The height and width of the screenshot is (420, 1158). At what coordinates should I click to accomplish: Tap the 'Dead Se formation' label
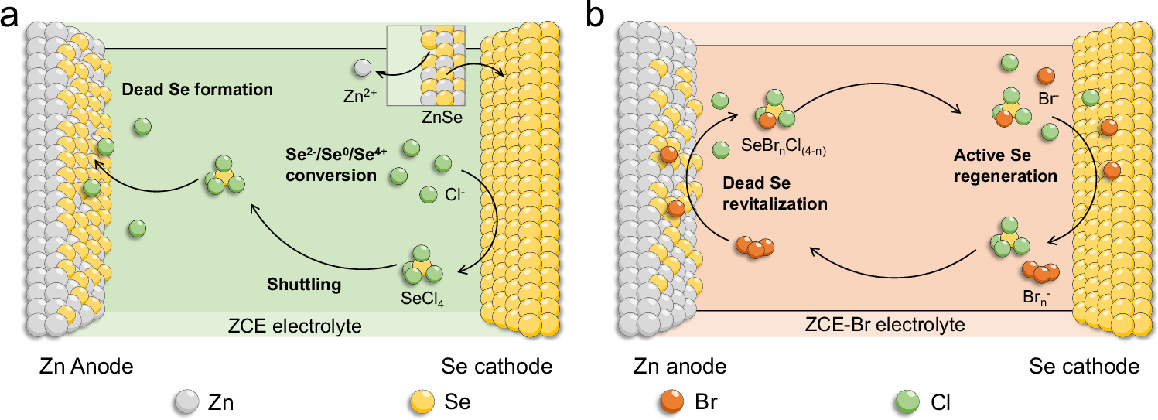pyautogui.click(x=197, y=90)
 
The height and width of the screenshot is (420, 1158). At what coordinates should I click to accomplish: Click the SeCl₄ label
pyautogui.click(x=422, y=295)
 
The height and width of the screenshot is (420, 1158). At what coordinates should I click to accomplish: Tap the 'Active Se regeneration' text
pyautogui.click(x=1005, y=166)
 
